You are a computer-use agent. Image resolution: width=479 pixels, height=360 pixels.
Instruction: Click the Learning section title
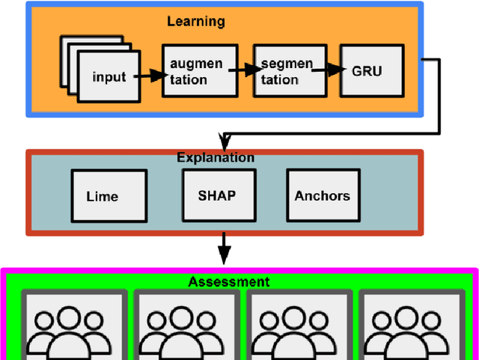pyautogui.click(x=195, y=21)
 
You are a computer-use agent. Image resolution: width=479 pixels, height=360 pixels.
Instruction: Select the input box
pyautogui.click(x=109, y=76)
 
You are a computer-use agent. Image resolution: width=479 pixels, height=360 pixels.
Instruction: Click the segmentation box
pyautogui.click(x=281, y=71)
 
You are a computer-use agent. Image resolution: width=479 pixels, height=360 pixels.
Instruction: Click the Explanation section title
pyautogui.click(x=216, y=157)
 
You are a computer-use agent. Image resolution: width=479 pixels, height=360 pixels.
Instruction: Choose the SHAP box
pyautogui.click(x=216, y=195)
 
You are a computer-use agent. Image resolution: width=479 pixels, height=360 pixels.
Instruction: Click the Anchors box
pyautogui.click(x=322, y=195)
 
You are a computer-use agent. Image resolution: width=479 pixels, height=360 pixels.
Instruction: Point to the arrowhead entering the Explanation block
pyautogui.click(x=223, y=144)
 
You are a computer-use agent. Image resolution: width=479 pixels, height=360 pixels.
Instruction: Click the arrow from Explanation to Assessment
pyautogui.click(x=223, y=246)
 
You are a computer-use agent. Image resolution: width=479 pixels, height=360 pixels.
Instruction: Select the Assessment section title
pyautogui.click(x=229, y=281)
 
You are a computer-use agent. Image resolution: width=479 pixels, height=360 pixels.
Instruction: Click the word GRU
pyautogui.click(x=367, y=71)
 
